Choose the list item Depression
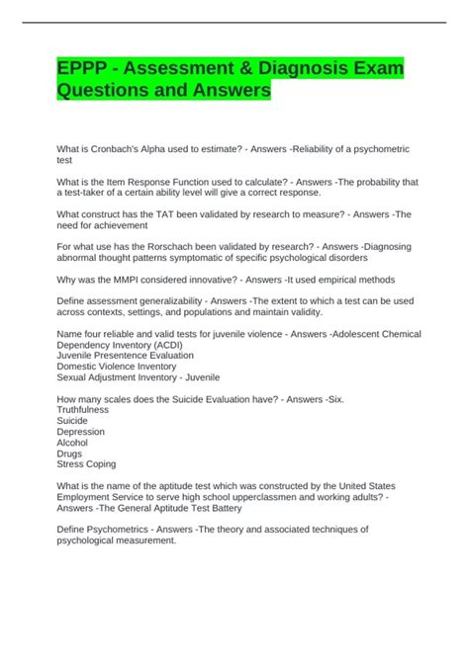[x=81, y=431]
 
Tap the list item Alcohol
[x=74, y=442]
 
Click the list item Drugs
[x=71, y=453]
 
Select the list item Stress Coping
[x=87, y=463]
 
